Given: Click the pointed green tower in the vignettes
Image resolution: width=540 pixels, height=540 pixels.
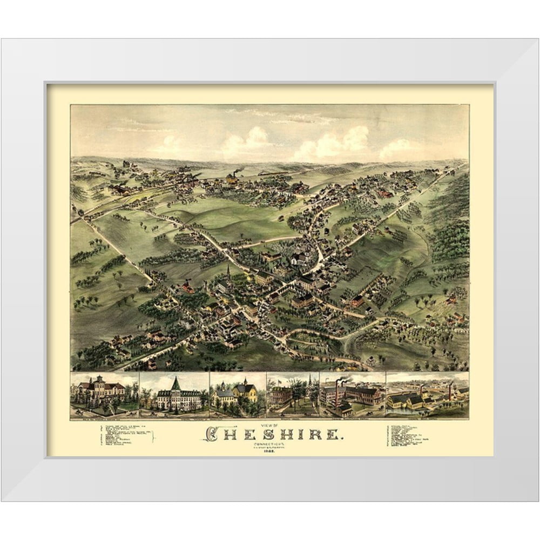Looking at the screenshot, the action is [176, 384].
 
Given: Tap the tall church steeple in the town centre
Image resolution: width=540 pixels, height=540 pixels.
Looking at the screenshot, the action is [228, 271].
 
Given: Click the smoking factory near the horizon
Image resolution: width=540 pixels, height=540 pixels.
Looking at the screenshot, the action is [232, 177].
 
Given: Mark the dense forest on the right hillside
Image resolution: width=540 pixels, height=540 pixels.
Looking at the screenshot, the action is [451, 227].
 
